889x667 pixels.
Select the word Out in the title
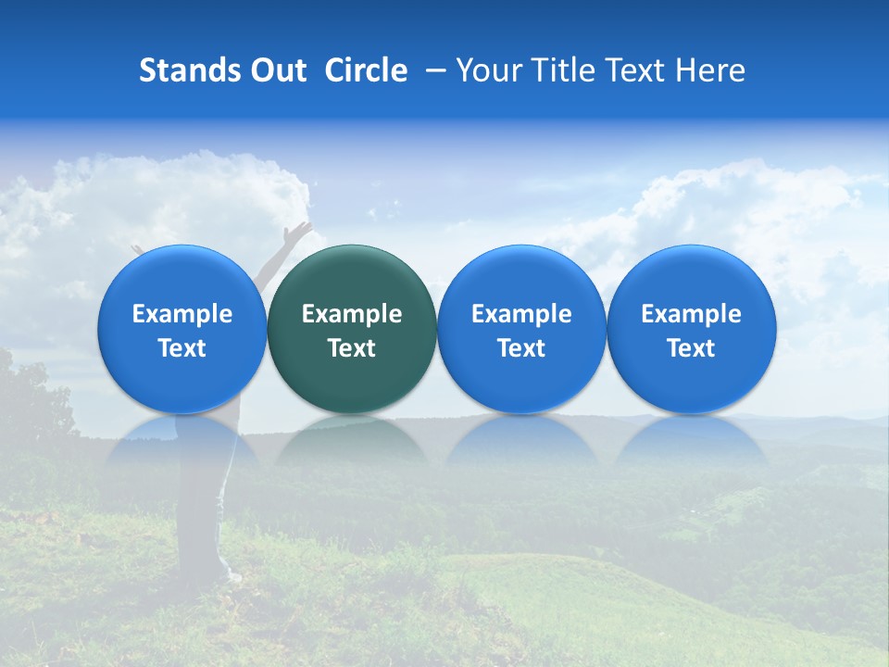[x=279, y=70]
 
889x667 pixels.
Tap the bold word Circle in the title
[x=366, y=70]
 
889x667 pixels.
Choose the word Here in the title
[x=710, y=70]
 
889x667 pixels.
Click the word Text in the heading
[x=637, y=70]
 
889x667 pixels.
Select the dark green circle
[x=352, y=329]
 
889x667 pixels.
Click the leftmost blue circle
[x=182, y=329]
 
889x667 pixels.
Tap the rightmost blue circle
[x=691, y=329]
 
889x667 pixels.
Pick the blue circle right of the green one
[x=521, y=329]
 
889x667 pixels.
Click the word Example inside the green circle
[x=352, y=314]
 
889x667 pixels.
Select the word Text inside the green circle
[x=352, y=348]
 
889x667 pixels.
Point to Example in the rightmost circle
[x=691, y=314]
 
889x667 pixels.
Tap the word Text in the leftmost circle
[x=182, y=348]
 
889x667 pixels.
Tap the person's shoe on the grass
[x=231, y=577]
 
